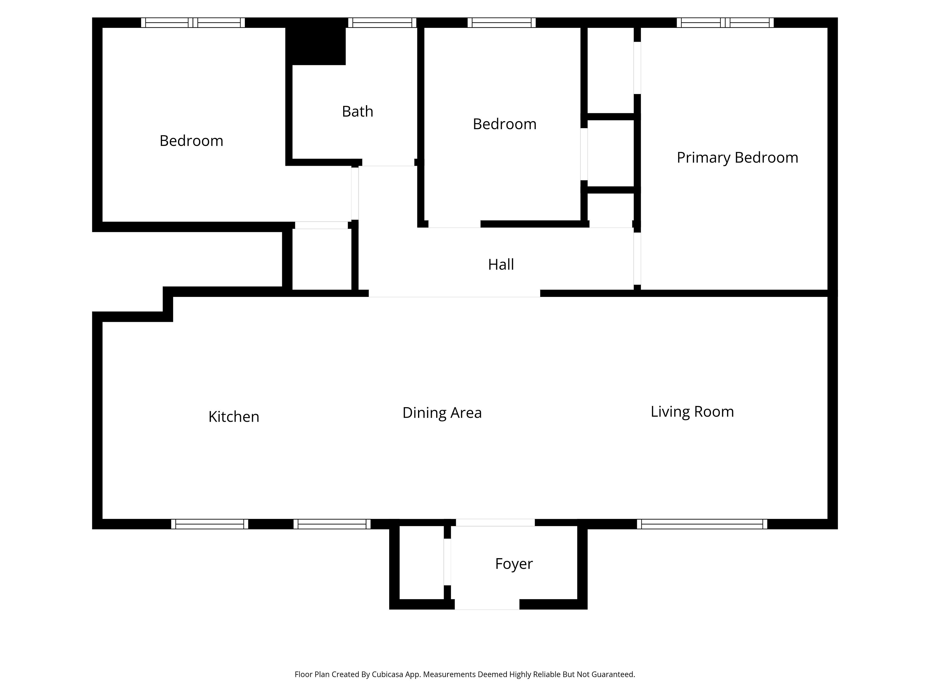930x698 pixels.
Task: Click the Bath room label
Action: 357,111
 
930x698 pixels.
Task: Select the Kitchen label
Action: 234,417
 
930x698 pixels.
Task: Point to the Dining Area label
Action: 442,413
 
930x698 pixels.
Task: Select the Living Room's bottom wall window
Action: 702,524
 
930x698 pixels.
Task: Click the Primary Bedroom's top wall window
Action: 725,23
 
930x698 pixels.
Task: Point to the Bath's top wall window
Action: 382,23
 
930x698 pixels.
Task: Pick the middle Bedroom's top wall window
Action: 502,23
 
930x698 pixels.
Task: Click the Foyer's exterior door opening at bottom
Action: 487,605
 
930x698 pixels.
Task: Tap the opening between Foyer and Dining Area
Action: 495,523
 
